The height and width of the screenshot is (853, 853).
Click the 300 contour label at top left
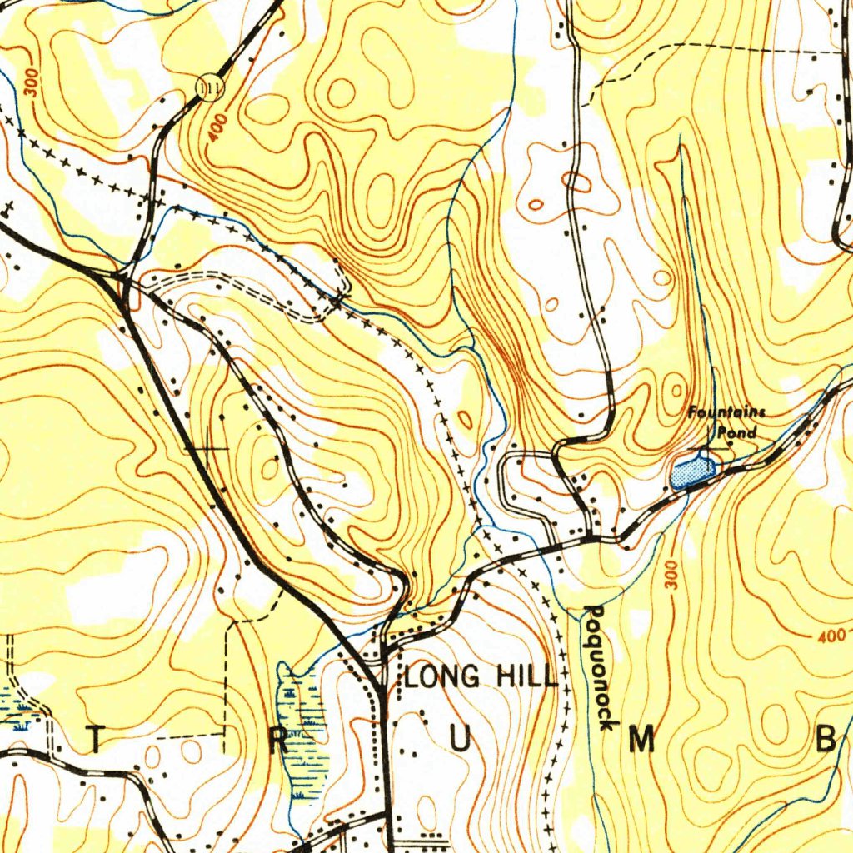[32, 86]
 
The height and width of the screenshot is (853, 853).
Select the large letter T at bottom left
[97, 739]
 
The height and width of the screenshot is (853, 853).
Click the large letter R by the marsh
[281, 740]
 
